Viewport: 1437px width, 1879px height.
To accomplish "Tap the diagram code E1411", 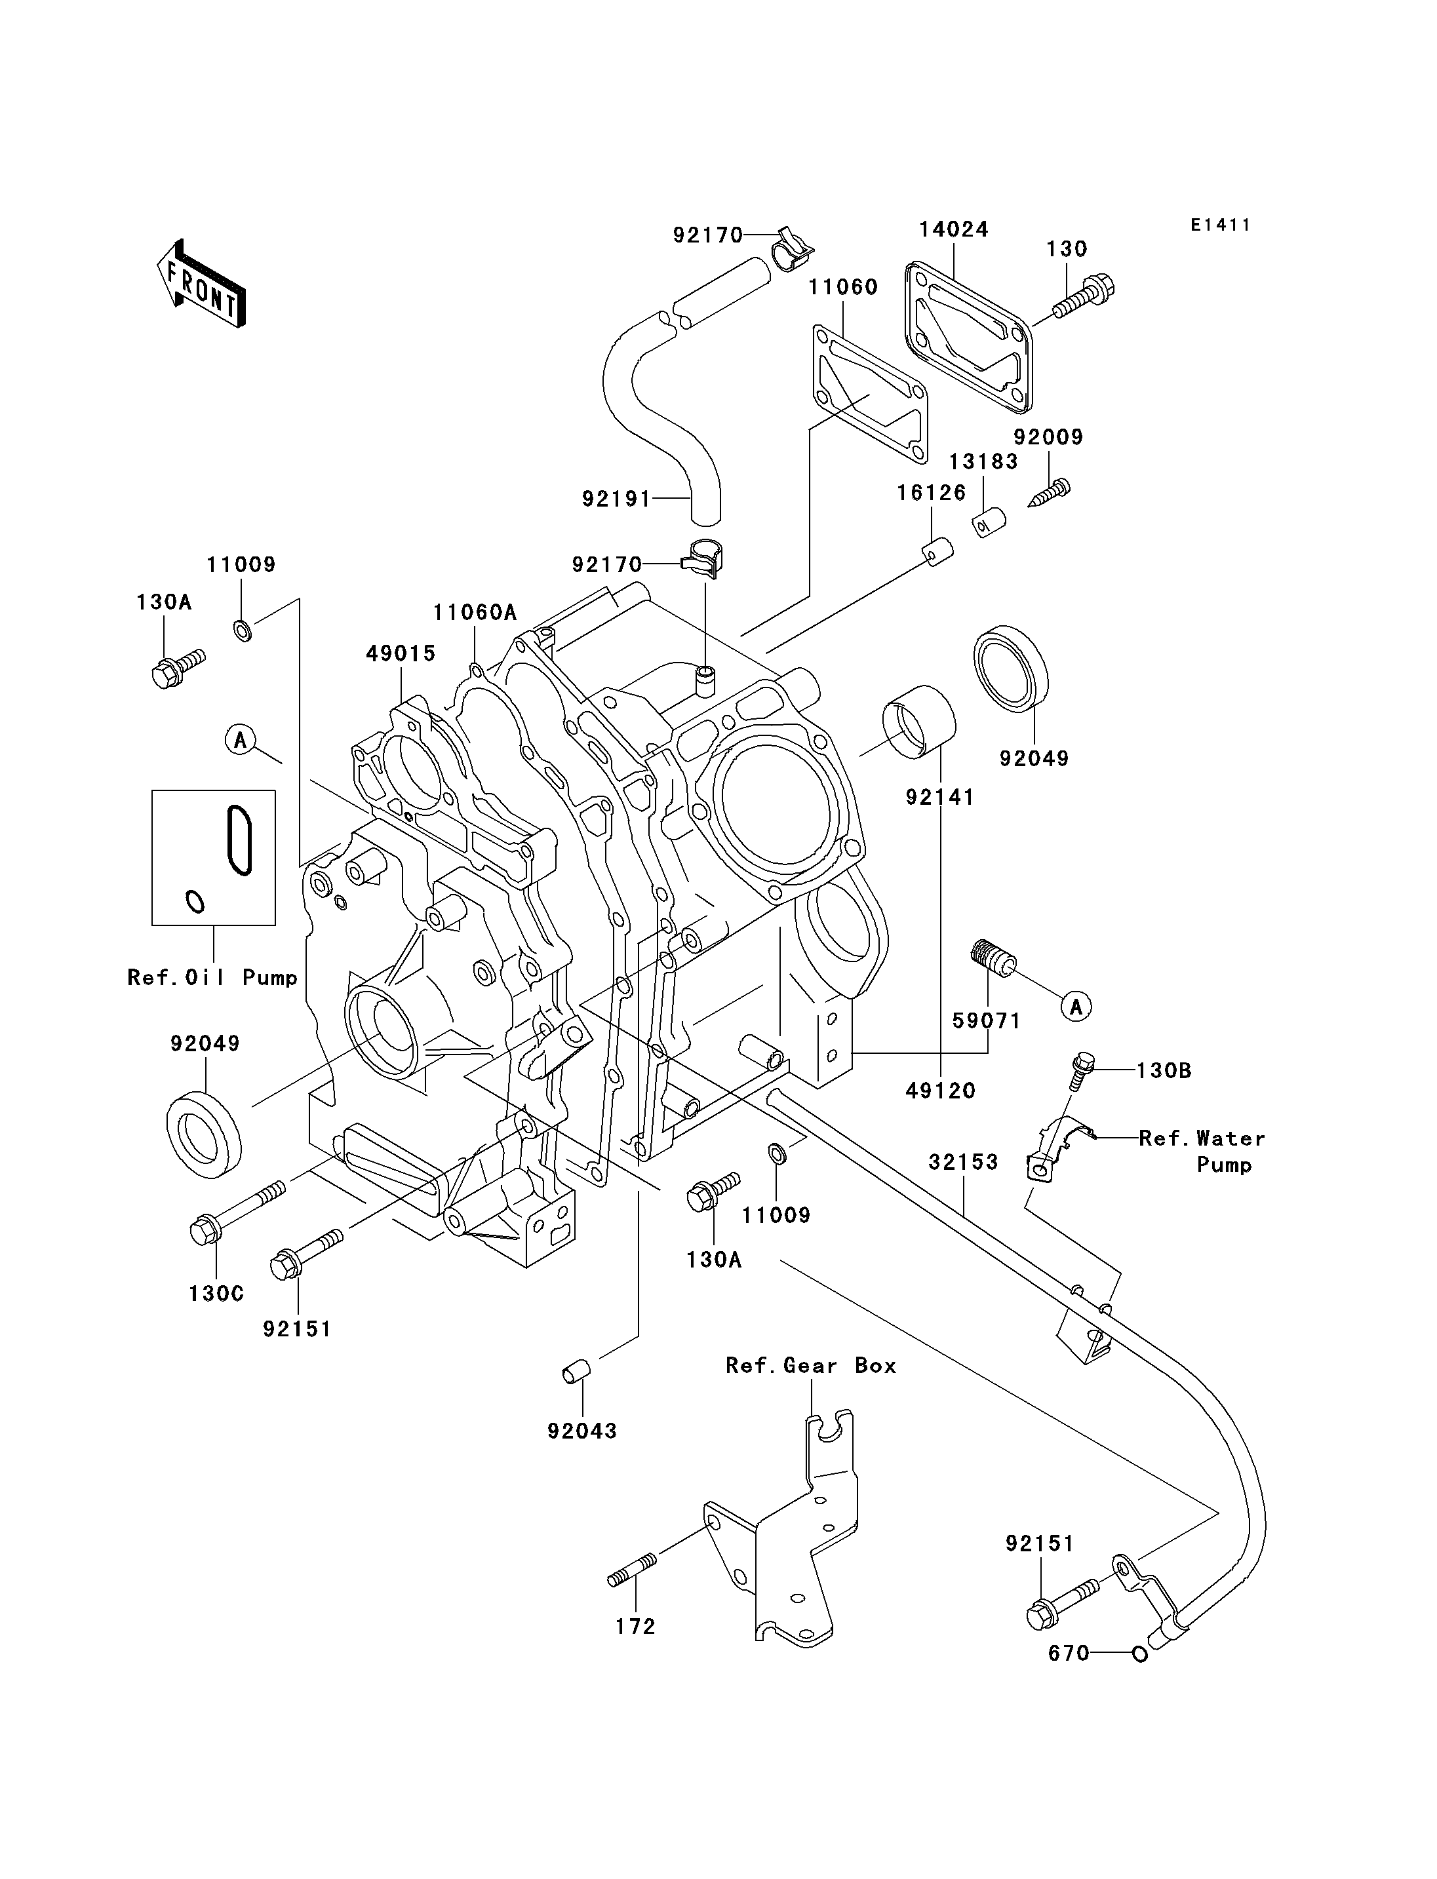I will [1221, 225].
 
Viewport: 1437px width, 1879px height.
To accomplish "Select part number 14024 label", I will [954, 229].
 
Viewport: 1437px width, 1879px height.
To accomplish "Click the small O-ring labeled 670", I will [1139, 1654].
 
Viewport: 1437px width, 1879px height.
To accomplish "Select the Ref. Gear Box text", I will [811, 1366].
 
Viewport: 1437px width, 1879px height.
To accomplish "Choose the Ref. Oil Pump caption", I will [212, 978].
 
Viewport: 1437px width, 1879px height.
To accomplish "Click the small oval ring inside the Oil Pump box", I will [195, 901].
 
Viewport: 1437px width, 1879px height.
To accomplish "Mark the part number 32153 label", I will [963, 1162].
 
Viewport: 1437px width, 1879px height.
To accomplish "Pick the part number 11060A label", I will [475, 612].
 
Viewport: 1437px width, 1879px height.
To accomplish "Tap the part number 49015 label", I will [401, 653].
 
